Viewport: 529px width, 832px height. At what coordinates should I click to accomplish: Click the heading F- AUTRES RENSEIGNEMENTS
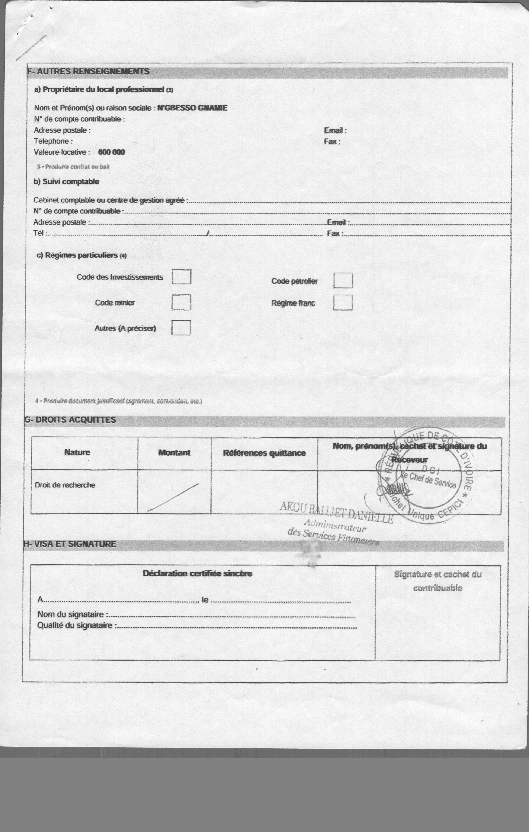click(x=88, y=72)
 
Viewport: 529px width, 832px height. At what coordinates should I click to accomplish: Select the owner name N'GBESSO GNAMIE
click(x=192, y=108)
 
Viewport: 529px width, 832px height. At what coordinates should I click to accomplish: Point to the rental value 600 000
click(x=111, y=152)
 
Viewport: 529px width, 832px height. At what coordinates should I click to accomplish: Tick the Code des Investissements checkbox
click(x=182, y=277)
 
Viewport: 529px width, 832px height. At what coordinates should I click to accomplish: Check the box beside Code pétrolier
click(x=343, y=281)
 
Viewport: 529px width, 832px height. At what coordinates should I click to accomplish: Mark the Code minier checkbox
click(x=181, y=302)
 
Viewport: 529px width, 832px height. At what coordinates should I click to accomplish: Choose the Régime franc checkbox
click(x=343, y=303)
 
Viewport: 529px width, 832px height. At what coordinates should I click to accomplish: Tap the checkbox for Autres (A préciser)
click(x=181, y=328)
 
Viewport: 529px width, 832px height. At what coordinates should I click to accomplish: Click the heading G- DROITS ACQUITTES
click(x=70, y=420)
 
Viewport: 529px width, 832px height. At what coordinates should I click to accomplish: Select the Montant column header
click(x=174, y=453)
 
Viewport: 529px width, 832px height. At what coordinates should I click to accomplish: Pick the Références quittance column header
click(x=264, y=453)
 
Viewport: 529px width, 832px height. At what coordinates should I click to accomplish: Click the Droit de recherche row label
click(x=65, y=485)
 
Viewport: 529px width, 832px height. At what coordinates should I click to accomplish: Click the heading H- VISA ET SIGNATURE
click(x=70, y=544)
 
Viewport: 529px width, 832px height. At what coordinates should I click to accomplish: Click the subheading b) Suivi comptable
click(x=66, y=182)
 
